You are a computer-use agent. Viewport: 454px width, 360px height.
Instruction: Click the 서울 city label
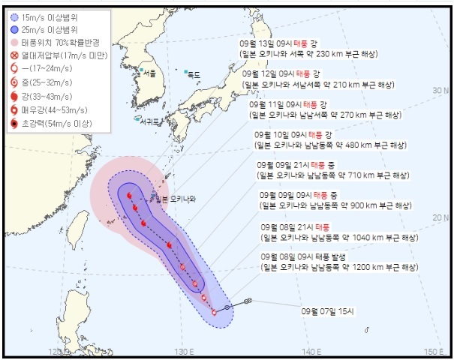click(x=149, y=73)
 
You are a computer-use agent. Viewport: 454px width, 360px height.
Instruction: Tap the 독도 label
click(x=194, y=74)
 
